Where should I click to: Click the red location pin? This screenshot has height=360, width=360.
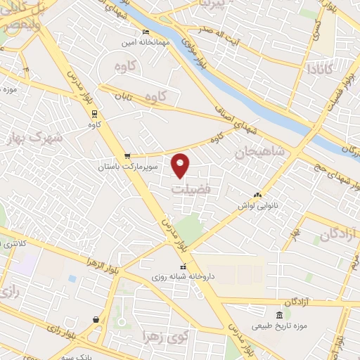[x=181, y=165]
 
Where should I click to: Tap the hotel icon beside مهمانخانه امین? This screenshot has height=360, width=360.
[x=146, y=32]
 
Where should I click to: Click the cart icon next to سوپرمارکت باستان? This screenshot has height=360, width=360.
[x=127, y=156]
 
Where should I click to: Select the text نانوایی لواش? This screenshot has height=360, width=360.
[x=255, y=205]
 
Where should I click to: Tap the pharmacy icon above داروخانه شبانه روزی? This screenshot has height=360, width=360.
[x=184, y=266]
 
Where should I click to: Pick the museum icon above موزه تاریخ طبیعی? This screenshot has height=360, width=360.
[x=280, y=314]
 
